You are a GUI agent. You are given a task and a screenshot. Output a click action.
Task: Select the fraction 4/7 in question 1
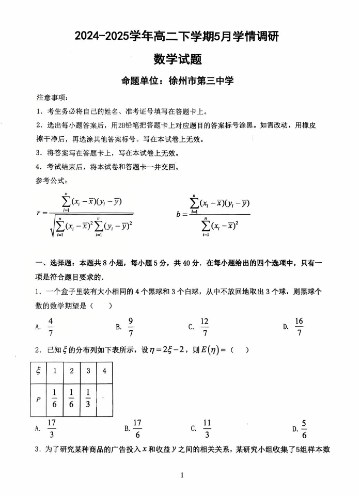pos(51,326)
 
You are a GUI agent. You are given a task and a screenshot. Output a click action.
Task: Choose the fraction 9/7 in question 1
pos(131,326)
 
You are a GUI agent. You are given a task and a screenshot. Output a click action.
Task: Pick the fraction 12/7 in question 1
pos(205,326)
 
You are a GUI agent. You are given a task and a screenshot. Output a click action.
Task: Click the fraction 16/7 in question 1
pos(299,326)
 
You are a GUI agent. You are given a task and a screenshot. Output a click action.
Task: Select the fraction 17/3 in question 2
pos(51,428)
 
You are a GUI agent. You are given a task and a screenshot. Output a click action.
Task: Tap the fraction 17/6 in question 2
pos(137,428)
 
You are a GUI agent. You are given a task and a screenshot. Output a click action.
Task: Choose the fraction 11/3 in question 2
pos(207,428)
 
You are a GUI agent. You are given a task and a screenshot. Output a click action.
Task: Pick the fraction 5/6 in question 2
pos(304,428)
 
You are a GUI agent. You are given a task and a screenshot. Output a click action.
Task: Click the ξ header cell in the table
pos(38,372)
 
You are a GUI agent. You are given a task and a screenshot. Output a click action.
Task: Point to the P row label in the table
pos(38,398)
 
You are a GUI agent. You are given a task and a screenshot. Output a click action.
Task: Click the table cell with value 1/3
pos(88,398)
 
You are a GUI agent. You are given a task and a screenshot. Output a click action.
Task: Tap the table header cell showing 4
pos(104,372)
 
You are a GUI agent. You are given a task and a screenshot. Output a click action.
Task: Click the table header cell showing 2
pos(71,372)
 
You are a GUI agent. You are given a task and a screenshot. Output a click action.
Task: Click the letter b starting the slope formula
pos(178,213)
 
